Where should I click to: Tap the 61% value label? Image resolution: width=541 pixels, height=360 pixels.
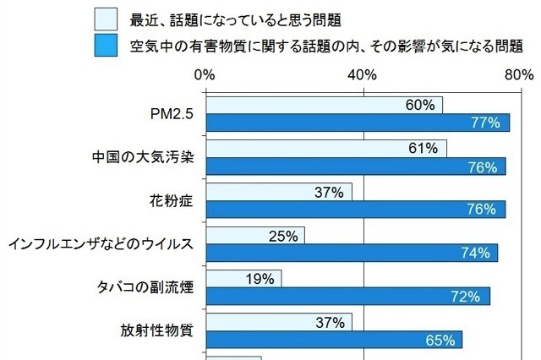pyautogui.click(x=423, y=149)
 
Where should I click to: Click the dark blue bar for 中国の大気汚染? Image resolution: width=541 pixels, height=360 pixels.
pyautogui.click(x=355, y=166)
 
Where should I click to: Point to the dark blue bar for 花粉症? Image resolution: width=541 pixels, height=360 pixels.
pyautogui.click(x=355, y=210)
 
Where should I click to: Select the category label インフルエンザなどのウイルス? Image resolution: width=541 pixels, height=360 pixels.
pyautogui.click(x=101, y=244)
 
